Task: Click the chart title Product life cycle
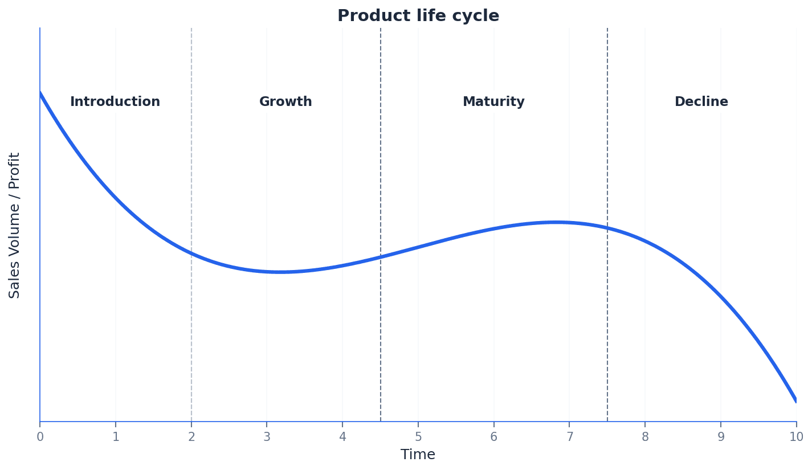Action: tap(418, 16)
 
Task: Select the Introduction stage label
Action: tap(115, 102)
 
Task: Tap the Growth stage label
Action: tap(285, 102)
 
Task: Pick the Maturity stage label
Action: tap(493, 102)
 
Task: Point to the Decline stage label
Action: tap(701, 102)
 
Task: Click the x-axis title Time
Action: tap(418, 455)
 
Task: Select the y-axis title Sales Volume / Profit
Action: tap(15, 225)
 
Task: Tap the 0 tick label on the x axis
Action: tap(40, 437)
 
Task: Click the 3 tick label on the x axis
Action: tap(267, 437)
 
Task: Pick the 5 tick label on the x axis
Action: tap(418, 437)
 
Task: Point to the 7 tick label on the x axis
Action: tap(569, 437)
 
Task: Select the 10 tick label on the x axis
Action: tap(796, 437)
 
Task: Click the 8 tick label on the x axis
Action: tap(645, 437)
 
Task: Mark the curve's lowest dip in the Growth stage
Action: tap(280, 272)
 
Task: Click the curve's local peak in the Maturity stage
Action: tap(555, 222)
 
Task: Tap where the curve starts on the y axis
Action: tap(40, 92)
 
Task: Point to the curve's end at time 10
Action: tap(795, 400)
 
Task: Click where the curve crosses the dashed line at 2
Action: tap(191, 254)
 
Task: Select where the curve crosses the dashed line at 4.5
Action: tap(381, 257)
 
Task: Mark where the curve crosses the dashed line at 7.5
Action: tap(607, 228)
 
